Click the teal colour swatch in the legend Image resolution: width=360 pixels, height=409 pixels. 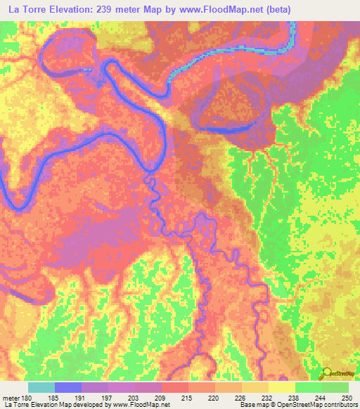[x=41, y=388]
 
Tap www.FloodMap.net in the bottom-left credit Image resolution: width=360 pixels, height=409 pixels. [x=133, y=405]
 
